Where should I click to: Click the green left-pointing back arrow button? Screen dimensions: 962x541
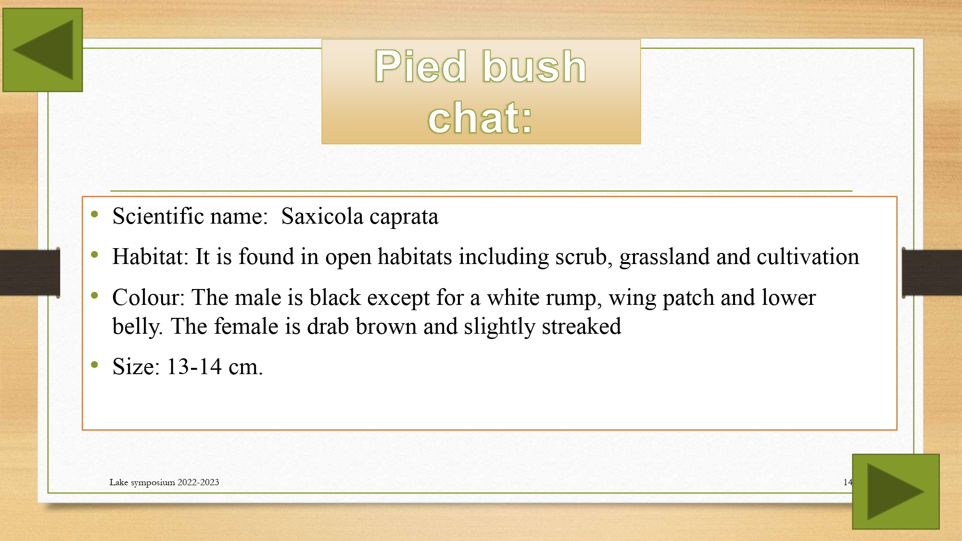point(43,50)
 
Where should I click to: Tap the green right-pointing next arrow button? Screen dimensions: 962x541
point(896,491)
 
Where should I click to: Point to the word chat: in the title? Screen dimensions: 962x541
point(481,118)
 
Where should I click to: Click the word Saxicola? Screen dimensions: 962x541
point(322,216)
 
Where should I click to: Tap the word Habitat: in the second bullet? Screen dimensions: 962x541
point(151,256)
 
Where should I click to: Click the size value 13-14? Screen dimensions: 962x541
point(194,366)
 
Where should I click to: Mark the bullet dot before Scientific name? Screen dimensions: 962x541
point(95,214)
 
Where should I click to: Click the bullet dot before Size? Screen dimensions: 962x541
point(95,365)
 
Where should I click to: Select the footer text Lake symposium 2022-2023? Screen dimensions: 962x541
point(164,482)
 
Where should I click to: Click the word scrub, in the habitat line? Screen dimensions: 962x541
point(584,257)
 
